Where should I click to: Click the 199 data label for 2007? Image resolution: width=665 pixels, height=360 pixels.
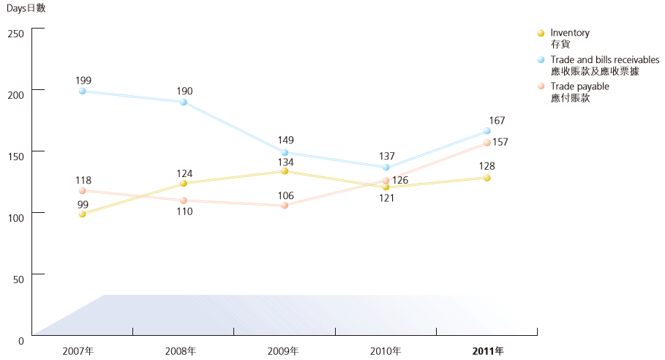83,80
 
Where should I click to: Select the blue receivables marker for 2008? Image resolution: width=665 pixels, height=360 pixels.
184,102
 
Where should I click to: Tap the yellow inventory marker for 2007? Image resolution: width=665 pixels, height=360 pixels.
83,214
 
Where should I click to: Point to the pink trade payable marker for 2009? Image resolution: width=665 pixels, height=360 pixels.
285,206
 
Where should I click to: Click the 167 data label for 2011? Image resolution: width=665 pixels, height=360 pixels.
497,120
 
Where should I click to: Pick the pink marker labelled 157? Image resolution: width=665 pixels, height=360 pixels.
486,143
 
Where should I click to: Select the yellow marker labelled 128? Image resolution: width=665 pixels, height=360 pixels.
486,178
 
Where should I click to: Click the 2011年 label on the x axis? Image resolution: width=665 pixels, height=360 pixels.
487,351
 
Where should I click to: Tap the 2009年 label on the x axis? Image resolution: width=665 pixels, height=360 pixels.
285,351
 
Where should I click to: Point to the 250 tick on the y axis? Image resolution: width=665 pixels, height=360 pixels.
16,34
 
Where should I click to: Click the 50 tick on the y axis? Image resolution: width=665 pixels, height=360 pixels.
19,280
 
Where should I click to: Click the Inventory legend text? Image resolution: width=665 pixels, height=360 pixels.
570,33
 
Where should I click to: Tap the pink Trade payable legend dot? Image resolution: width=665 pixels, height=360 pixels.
541,86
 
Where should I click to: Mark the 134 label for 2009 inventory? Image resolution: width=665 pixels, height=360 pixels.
285,162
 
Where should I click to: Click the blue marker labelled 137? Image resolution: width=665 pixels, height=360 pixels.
386,168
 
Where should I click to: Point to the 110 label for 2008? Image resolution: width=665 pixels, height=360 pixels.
184,211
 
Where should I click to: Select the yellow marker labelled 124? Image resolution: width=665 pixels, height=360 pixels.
184,184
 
